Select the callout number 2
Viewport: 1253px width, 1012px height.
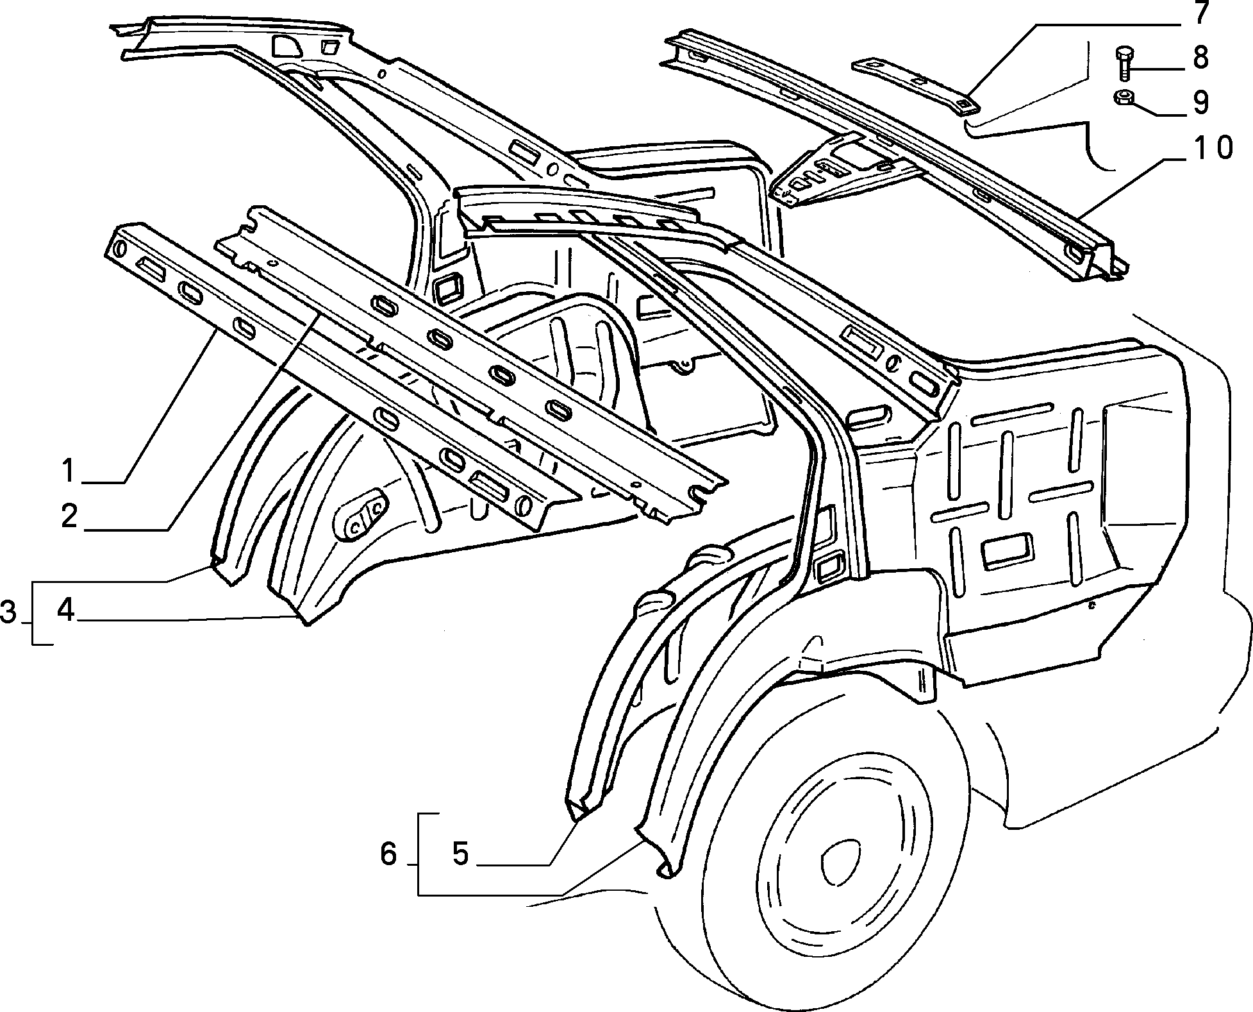coord(70,516)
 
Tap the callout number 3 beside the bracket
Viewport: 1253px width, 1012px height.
coord(8,612)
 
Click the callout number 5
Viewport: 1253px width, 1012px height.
coord(461,854)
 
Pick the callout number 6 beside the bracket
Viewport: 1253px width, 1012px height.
coord(389,854)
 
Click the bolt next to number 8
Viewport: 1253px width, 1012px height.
coord(1124,63)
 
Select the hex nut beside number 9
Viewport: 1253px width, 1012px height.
coord(1125,98)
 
